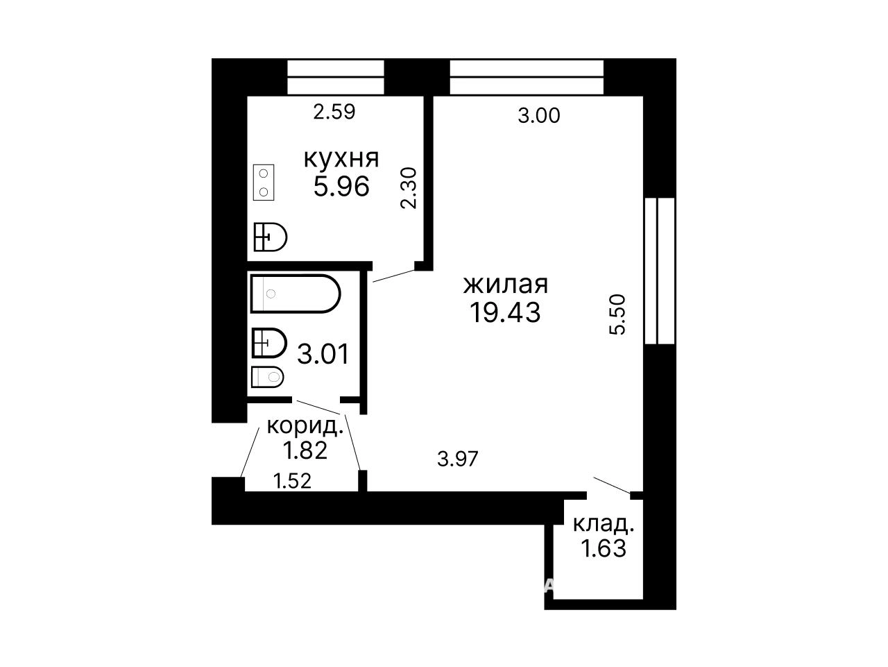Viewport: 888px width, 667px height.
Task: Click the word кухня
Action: [x=341, y=160]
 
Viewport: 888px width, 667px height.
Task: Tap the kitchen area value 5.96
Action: [x=341, y=187]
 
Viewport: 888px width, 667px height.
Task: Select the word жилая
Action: [x=506, y=285]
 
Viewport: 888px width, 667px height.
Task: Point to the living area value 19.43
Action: [x=505, y=313]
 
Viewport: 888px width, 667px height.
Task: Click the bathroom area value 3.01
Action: [x=323, y=354]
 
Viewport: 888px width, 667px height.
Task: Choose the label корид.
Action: [x=305, y=427]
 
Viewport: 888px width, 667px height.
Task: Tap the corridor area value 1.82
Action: [x=305, y=450]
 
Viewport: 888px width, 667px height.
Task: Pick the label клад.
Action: [x=604, y=525]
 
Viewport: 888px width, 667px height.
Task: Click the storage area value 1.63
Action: [x=604, y=549]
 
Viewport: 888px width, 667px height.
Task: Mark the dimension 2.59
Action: [x=334, y=112]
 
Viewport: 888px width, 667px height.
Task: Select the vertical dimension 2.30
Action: [x=409, y=188]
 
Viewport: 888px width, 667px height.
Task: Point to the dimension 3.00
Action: [x=539, y=116]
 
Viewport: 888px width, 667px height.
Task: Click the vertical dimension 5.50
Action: [x=617, y=314]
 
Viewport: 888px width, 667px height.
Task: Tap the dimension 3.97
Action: [x=458, y=459]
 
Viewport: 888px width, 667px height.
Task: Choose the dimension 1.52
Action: [x=292, y=481]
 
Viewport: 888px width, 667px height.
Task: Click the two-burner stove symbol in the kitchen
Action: [x=264, y=183]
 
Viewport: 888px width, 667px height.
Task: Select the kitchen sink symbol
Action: [x=271, y=237]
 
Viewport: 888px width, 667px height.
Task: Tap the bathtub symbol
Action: [x=296, y=294]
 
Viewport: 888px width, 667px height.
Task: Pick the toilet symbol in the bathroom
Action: [x=267, y=377]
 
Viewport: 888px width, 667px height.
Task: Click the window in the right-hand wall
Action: [x=660, y=271]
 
